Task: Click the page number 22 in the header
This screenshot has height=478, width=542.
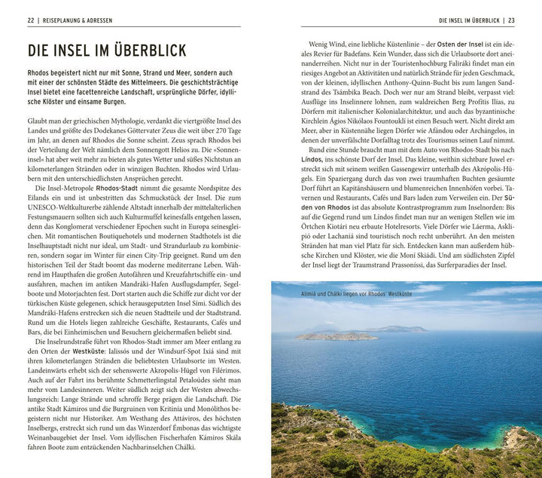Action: pos(31,20)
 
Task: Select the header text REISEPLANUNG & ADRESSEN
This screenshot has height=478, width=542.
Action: pos(78,20)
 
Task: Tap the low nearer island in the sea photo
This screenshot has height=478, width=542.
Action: pos(336,336)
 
